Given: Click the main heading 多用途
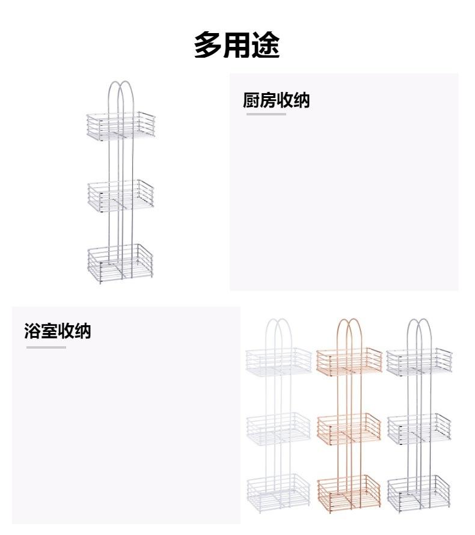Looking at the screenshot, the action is [236, 45].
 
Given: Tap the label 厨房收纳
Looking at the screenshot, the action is [276, 100].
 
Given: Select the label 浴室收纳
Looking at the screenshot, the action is [58, 331].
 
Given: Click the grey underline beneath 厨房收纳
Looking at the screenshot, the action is [266, 114].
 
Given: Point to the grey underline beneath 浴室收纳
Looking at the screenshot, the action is [46, 347].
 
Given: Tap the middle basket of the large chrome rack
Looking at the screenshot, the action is [120, 195].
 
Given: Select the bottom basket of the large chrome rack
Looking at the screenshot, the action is [120, 263].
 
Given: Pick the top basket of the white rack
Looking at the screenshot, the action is [278, 361].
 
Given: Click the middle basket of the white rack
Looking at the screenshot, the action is [278, 427].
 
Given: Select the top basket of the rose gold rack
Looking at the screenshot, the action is [349, 361].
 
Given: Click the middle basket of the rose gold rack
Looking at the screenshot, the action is [349, 427].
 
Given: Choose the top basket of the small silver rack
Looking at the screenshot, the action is [419, 361].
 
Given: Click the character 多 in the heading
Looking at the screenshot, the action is [207, 45].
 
